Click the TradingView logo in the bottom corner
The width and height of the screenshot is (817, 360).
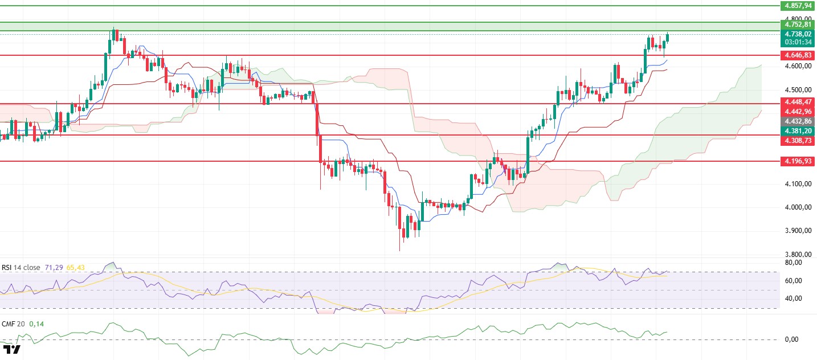point(11,349)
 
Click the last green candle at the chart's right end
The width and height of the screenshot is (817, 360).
point(668,37)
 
